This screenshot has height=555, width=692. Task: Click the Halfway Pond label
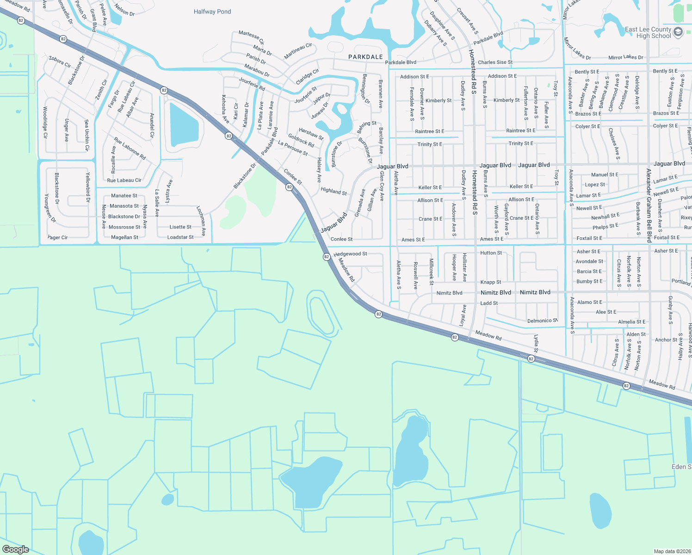click(212, 12)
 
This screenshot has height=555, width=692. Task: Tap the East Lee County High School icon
click(678, 32)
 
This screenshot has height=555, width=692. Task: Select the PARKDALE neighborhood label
click(365, 57)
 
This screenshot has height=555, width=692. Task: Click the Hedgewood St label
click(350, 254)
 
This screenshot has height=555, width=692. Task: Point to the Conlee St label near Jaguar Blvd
click(341, 239)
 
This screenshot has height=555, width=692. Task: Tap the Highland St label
click(334, 191)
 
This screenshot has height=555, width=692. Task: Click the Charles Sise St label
click(495, 62)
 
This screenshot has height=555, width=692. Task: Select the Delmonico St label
click(543, 321)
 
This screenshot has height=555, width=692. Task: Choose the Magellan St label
click(124, 237)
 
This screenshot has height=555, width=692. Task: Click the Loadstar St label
click(180, 237)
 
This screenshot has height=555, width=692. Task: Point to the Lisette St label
click(180, 227)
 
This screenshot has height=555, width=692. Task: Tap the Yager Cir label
click(58, 237)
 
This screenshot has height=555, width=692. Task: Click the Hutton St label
click(491, 253)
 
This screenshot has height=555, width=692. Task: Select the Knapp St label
click(490, 282)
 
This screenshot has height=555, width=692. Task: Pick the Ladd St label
click(489, 303)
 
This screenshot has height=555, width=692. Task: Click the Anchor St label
click(666, 340)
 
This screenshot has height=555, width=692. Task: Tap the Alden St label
click(636, 334)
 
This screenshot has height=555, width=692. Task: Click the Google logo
click(15, 549)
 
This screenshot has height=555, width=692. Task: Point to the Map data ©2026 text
click(670, 551)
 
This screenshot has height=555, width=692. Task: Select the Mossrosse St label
click(124, 227)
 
